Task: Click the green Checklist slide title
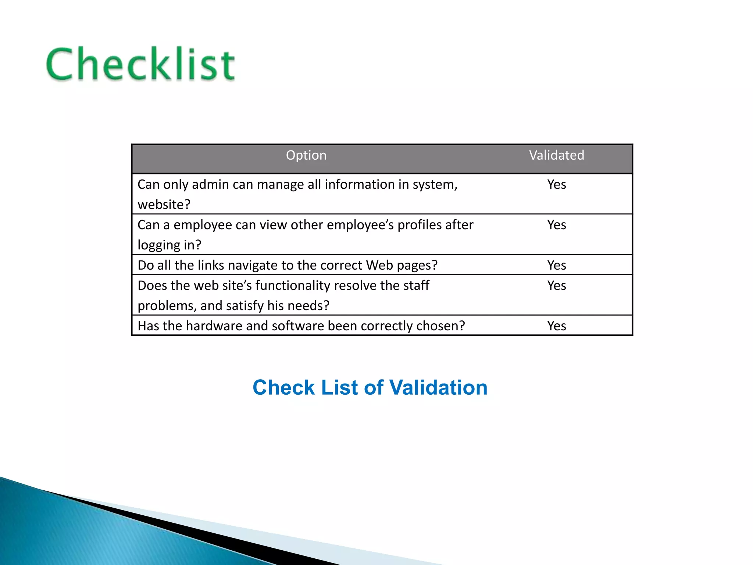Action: pos(140,64)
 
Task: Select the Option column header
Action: pos(306,155)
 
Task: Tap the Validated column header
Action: pos(556,155)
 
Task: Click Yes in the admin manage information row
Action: pos(556,184)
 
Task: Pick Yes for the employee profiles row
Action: pos(556,225)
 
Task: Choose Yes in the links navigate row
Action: pos(556,265)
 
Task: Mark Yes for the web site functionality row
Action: pos(556,285)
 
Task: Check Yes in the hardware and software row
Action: pos(556,326)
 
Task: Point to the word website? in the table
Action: pos(164,205)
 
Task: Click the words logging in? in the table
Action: pos(169,245)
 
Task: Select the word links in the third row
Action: pos(210,265)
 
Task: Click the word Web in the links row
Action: pos(379,265)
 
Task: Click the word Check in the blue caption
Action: pos(284,387)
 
